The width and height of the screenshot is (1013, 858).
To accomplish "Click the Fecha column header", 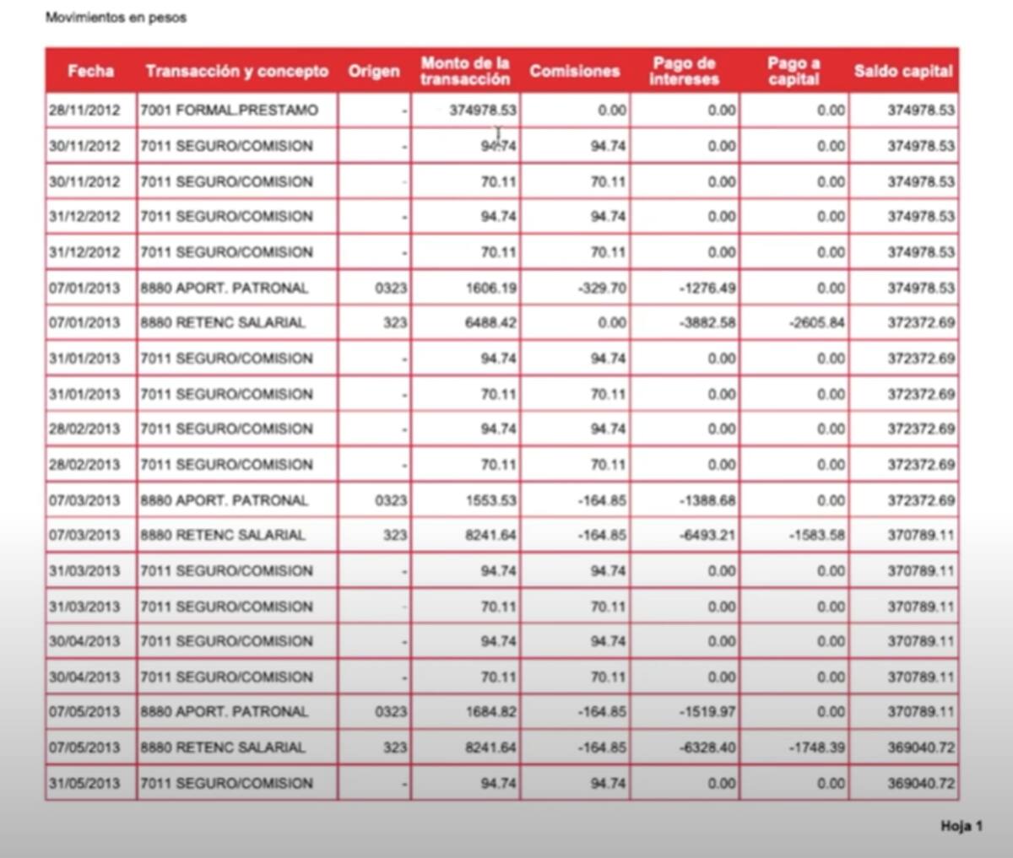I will (90, 71).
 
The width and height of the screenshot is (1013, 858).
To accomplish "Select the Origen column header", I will (373, 71).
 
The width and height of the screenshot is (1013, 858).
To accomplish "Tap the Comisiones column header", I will (574, 71).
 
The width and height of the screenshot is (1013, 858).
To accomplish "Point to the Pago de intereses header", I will (684, 71).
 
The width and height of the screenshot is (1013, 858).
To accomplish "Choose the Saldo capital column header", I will (902, 71).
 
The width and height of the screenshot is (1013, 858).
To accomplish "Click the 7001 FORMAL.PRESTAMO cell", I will (229, 111).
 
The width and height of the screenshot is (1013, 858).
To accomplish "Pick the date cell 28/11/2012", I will (84, 111).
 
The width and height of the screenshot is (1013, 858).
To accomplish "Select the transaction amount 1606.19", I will (490, 288).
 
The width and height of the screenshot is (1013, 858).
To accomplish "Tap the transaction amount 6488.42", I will (490, 323).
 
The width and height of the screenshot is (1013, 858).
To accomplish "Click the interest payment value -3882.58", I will (707, 323).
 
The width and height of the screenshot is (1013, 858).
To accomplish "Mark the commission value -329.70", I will (602, 288).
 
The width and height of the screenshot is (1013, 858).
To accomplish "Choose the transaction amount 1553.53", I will (490, 500).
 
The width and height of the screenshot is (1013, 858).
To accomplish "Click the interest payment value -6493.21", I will (707, 535).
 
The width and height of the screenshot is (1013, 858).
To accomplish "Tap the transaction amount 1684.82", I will (490, 712).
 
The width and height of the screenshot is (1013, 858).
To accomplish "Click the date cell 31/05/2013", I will (84, 783).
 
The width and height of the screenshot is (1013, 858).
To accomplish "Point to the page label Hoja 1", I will (961, 827).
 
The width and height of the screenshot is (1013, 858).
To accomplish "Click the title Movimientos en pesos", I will (116, 18).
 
